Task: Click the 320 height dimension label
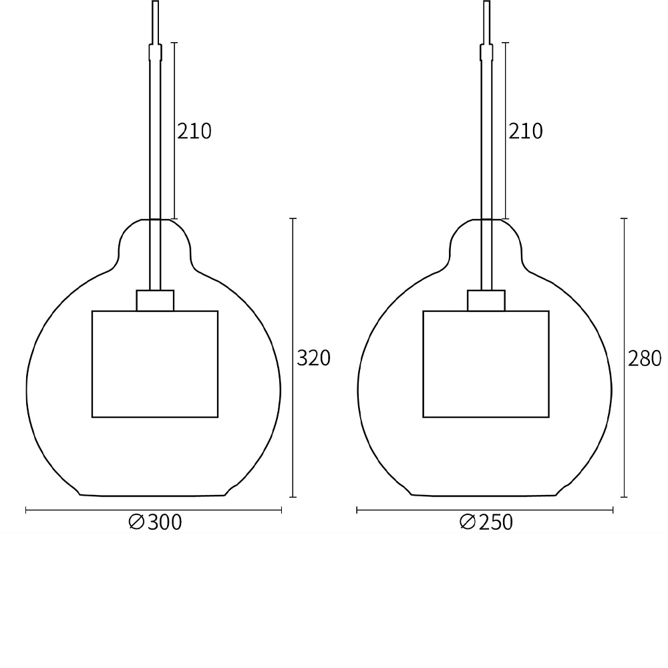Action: coord(313,359)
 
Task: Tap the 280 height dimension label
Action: coord(645,359)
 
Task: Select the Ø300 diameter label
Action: coord(155,522)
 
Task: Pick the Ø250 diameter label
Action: coord(486,522)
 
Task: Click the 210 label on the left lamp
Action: coord(194,132)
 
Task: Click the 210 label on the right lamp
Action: coord(526,132)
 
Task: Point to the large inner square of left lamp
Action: coord(155,364)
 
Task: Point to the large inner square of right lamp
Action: coord(486,364)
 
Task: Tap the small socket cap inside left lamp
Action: coord(155,301)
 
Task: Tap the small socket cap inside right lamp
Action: coord(486,301)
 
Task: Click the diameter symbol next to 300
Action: coord(136,522)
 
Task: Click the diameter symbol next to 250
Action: coord(468,522)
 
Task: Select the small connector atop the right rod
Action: coord(487,52)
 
